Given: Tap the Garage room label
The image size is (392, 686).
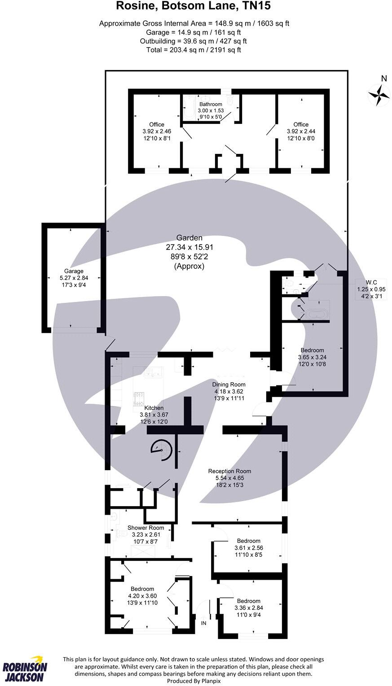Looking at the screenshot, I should coord(74,271).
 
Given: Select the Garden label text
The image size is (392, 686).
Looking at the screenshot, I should coord(189,238).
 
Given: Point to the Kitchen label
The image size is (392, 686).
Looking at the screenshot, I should coord(154,408).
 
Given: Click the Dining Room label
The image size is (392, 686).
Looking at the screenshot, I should coord(229,385).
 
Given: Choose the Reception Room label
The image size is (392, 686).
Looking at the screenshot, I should coord(229,471).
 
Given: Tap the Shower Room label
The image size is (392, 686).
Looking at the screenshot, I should coord(145,528).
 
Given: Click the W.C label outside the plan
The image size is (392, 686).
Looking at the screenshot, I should coord(371,282).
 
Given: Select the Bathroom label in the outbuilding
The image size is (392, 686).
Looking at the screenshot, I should coord(211,104).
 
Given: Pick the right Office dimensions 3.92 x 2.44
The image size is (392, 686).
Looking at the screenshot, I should coord(301,131).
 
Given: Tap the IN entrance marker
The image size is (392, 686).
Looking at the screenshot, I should coord(203,623).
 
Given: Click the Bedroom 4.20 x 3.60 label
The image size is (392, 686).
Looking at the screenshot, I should coord(142,589).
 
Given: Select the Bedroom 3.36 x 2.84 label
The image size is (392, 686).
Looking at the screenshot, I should coord(248,601).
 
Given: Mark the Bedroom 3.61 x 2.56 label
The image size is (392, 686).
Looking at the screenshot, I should coord(248,541).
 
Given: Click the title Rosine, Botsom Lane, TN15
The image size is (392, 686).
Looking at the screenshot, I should coord(194,6).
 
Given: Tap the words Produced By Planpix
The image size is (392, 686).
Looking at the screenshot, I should coord(194,681).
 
